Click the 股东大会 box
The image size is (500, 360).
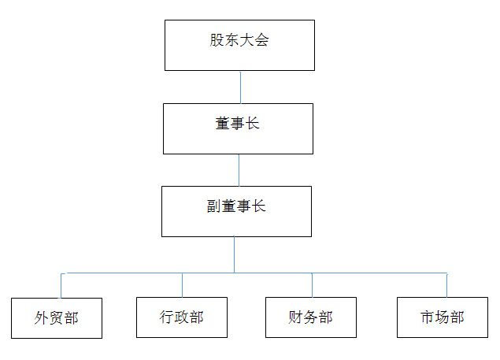tap(239, 46)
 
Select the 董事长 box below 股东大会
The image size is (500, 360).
tap(238, 128)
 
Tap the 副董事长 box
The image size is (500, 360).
tap(236, 211)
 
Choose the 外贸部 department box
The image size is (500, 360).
tap(57, 318)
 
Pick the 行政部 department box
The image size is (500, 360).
tap(182, 317)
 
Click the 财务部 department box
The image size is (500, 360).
tap(311, 317)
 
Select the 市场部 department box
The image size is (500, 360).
tap(443, 317)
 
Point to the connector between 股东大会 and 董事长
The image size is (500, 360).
tap(240, 87)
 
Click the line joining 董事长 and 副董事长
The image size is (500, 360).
tap(239, 170)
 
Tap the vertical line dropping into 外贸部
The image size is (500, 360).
tap(61, 286)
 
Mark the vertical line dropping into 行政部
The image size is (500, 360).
tap(182, 285)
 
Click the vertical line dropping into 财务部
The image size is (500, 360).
tap(312, 285)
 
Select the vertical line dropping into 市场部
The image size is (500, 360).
tap(446, 285)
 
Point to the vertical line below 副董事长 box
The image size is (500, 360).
tap(234, 254)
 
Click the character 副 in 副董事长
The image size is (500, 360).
tap(213, 206)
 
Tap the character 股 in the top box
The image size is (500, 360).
tap(217, 40)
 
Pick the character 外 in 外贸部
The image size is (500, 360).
tap(42, 318)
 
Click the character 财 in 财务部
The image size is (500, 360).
tap(295, 317)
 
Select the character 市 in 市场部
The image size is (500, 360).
tap(428, 317)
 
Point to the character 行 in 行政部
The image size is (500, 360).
tap(167, 317)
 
